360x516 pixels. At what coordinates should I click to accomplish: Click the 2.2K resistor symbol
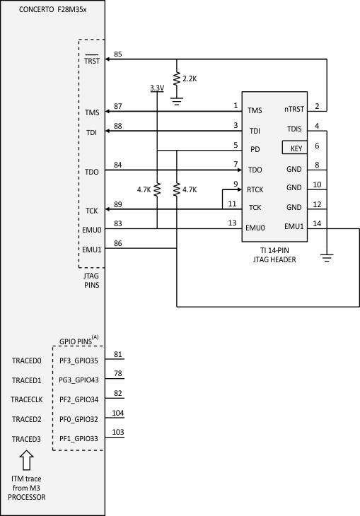175,78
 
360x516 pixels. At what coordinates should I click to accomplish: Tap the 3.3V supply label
156,88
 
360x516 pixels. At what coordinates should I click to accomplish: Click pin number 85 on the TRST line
117,54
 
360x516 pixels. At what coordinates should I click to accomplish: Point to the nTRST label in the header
294,110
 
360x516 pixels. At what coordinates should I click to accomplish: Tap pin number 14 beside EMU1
317,223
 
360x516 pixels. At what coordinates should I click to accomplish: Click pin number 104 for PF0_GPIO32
118,413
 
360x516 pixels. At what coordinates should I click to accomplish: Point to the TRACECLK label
28,399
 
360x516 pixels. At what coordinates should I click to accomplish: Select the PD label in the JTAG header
254,150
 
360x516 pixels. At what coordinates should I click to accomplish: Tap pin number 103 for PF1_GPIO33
118,432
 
